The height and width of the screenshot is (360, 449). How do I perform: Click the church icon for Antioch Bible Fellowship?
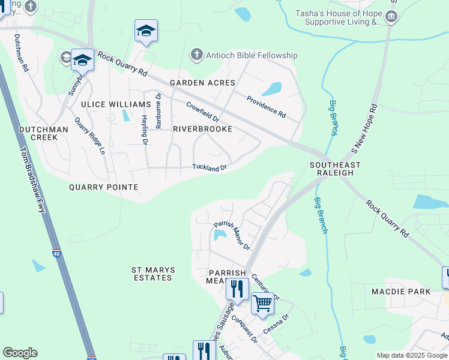pos(196,55)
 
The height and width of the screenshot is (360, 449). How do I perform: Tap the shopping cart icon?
pos(262,304)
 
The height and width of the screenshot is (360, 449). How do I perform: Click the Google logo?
pos(20,353)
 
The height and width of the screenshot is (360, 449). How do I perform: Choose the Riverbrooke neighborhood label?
pos(202,129)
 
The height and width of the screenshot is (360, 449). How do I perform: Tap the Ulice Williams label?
pos(112,104)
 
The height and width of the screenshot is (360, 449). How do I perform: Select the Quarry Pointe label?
pos(104,187)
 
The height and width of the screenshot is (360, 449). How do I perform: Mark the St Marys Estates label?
pos(152,274)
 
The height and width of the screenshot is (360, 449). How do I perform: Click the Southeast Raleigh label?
pos(335,169)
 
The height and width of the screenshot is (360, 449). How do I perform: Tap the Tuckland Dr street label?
pos(209,167)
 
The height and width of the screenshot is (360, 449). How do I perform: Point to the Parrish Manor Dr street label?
pos(232,236)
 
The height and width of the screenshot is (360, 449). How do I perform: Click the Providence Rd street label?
pos(267,106)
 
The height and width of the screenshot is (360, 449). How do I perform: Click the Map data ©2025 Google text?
pos(412,355)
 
